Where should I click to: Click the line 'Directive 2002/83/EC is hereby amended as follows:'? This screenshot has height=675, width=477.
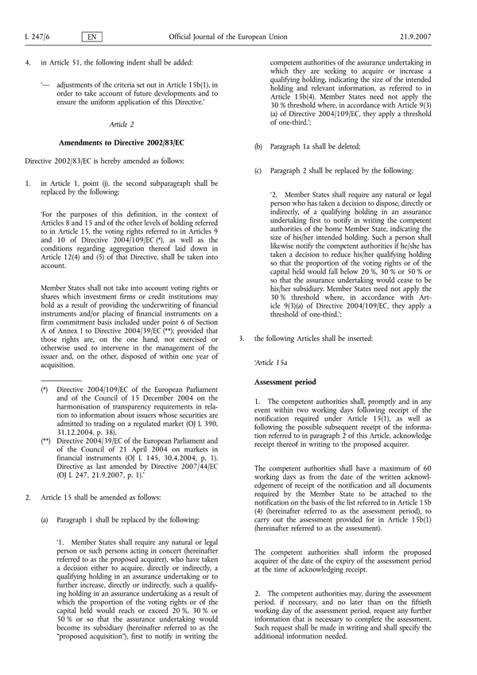[x=109, y=161]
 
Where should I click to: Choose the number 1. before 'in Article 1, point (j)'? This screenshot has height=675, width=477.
[x=28, y=180]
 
